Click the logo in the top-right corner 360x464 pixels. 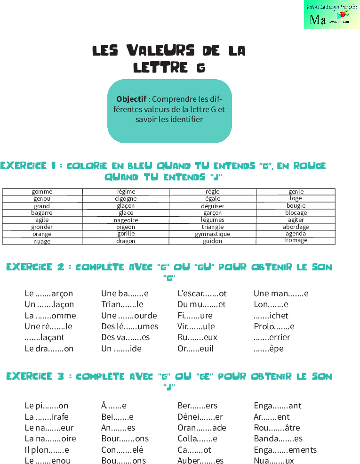331,15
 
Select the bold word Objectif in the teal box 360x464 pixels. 131,99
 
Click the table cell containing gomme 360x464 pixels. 42,192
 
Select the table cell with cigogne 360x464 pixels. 126,199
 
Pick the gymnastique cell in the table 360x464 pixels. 213,234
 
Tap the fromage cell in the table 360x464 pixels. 296,240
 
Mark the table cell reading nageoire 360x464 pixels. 126,220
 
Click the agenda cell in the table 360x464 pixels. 296,234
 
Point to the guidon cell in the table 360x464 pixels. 213,241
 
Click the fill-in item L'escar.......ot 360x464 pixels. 202,293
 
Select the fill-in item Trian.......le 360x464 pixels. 122,304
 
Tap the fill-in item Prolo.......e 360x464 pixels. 274,326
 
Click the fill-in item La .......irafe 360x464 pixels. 47,416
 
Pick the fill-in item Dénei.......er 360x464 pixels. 200,416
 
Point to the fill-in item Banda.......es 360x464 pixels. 278,439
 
